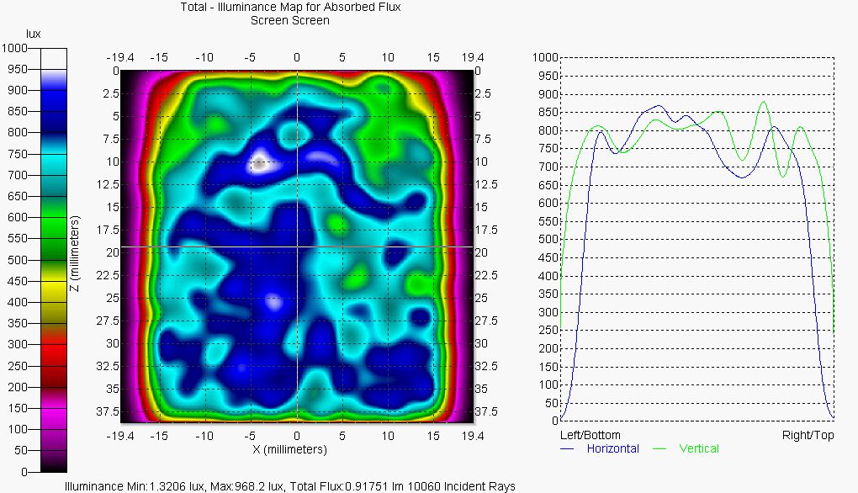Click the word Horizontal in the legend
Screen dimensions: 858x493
[612, 448]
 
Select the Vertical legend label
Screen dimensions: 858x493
[699, 448]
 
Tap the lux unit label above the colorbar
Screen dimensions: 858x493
[34, 34]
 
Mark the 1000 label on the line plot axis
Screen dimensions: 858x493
[545, 57]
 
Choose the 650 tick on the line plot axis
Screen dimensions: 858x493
[548, 185]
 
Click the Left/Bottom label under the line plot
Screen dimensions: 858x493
[590, 436]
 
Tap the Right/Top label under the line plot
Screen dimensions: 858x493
[808, 436]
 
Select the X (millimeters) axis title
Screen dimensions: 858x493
[290, 450]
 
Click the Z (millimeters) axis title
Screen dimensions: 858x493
[75, 253]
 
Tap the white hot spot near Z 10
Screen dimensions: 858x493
[259, 162]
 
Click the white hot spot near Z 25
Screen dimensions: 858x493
[273, 300]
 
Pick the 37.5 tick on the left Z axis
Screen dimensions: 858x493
[108, 411]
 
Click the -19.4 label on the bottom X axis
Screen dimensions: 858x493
[119, 436]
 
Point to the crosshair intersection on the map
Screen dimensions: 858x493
[297, 246]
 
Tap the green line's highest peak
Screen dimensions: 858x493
[763, 102]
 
